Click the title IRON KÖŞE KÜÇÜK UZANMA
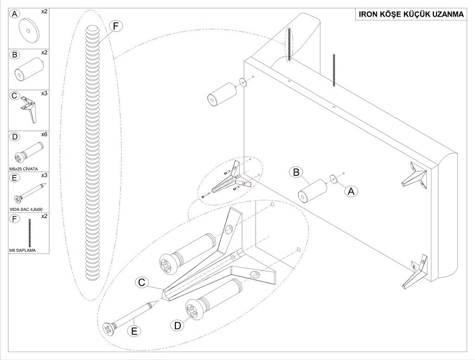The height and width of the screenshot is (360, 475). click(x=411, y=14)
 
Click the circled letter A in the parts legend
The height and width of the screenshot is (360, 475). click(x=15, y=14)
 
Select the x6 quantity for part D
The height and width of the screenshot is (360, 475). click(x=44, y=135)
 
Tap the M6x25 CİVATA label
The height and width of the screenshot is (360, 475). click(x=23, y=168)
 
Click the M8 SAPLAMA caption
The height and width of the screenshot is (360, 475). click(x=22, y=251)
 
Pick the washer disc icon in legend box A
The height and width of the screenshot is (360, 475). click(x=28, y=30)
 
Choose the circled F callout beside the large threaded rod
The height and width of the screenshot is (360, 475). click(x=116, y=26)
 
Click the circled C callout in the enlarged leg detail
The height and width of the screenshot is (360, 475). click(x=142, y=282)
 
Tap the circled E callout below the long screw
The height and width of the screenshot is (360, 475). click(x=134, y=331)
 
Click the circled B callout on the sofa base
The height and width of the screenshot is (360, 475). click(x=295, y=172)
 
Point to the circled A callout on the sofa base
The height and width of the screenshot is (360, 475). click(x=351, y=190)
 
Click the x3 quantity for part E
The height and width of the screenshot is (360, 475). click(x=44, y=175)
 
